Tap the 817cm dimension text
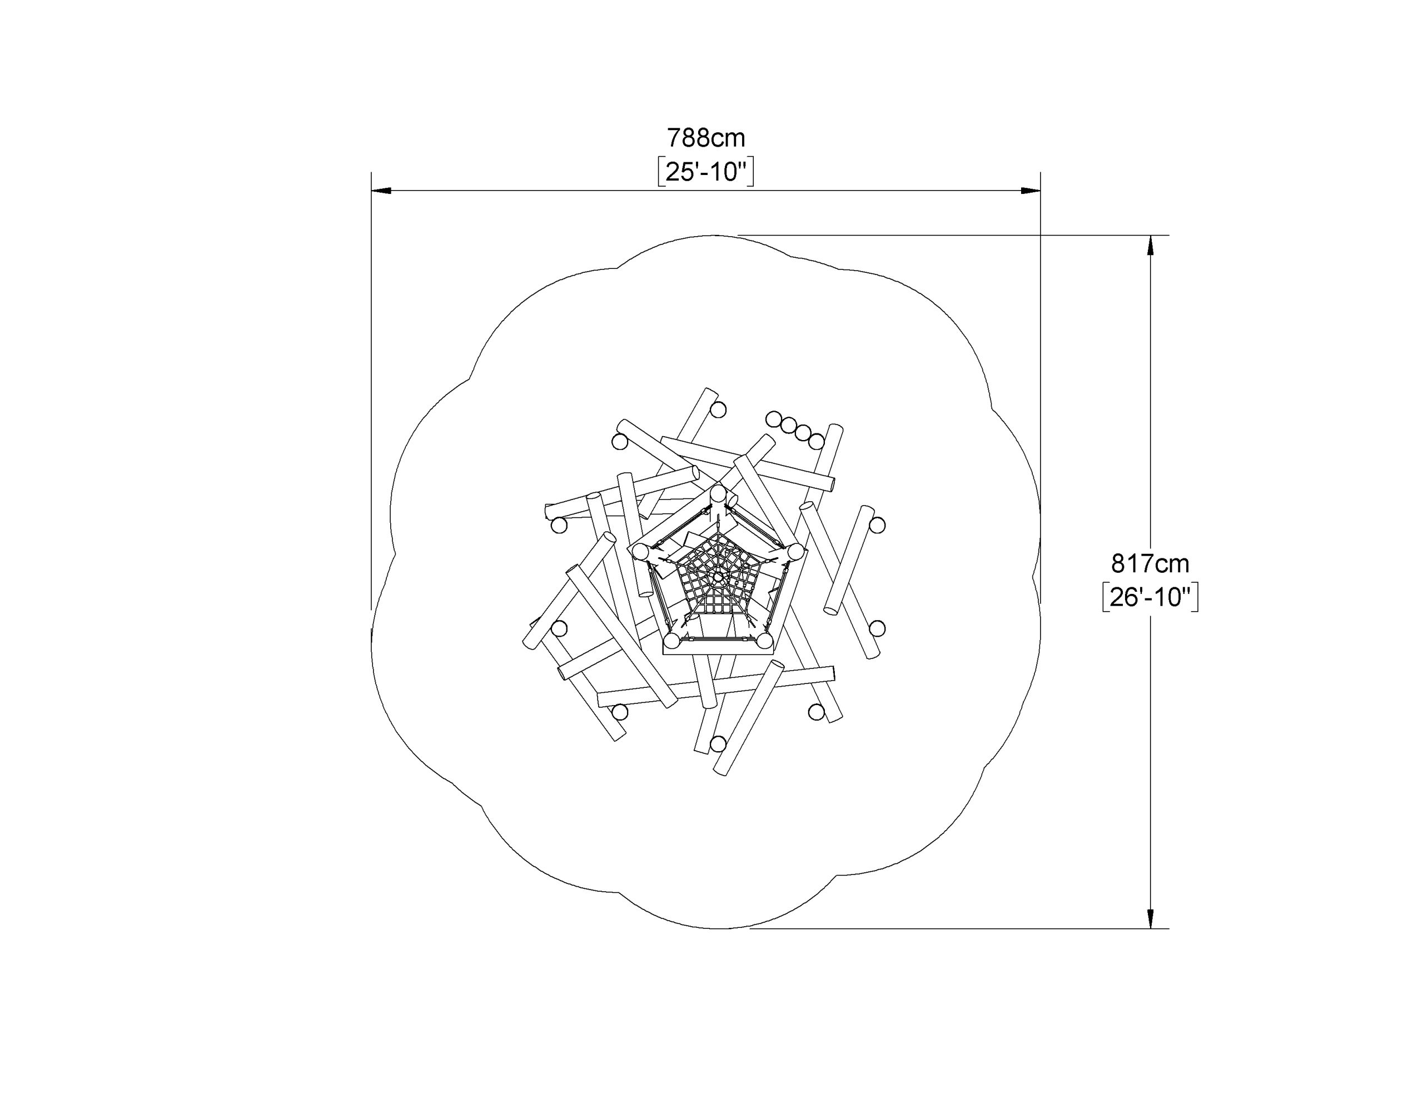(x=1150, y=563)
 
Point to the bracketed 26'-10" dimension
(x=1150, y=597)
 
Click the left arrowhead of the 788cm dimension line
(x=381, y=191)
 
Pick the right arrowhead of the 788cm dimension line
(x=1030, y=191)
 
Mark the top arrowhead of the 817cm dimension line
(x=1151, y=245)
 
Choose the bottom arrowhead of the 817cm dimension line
(x=1151, y=918)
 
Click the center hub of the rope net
(x=718, y=577)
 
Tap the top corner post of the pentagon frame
(x=718, y=493)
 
